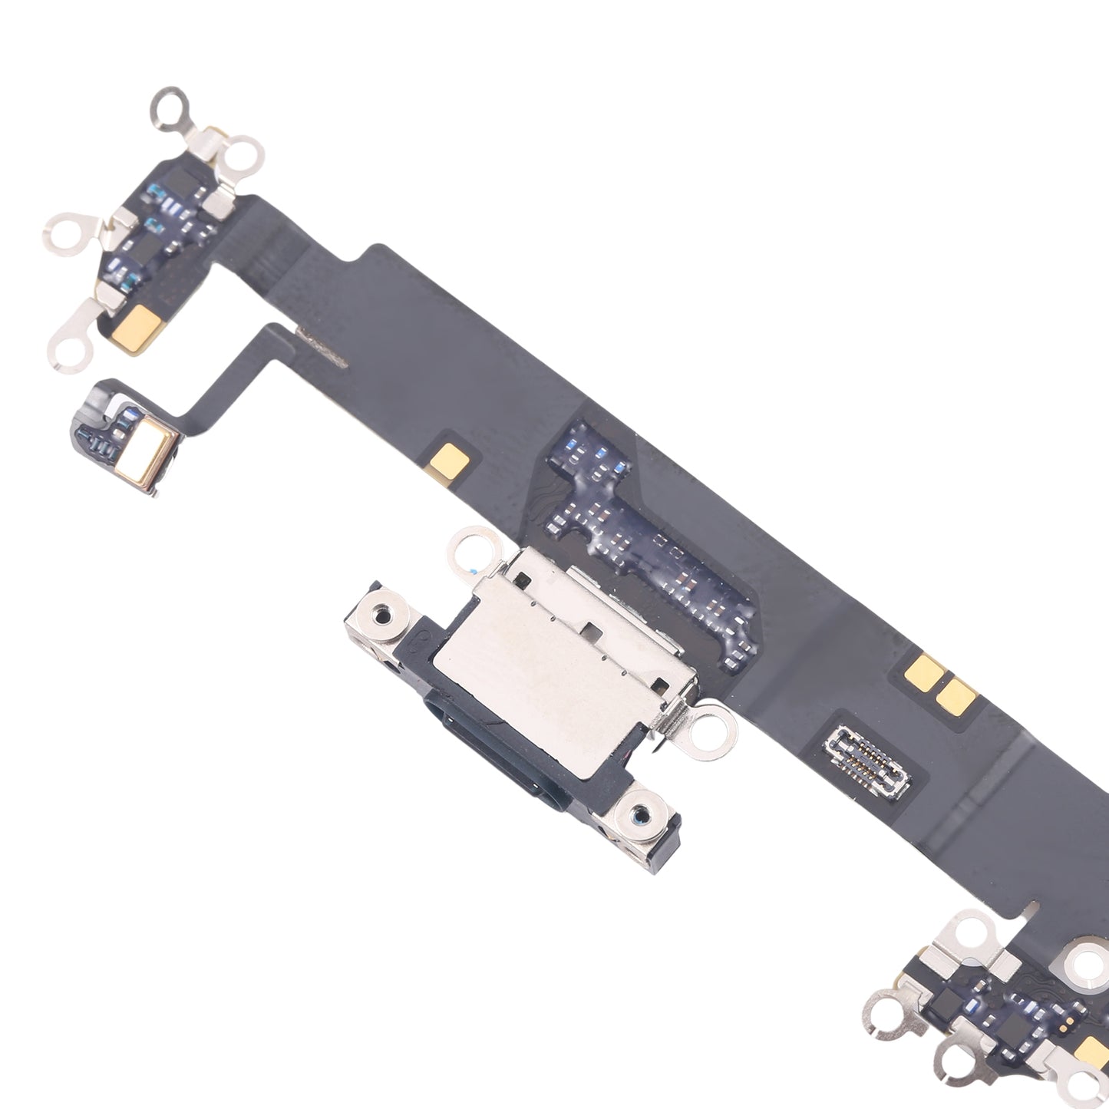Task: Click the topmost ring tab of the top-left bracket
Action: click(170, 104)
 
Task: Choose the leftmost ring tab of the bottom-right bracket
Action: click(886, 1014)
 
